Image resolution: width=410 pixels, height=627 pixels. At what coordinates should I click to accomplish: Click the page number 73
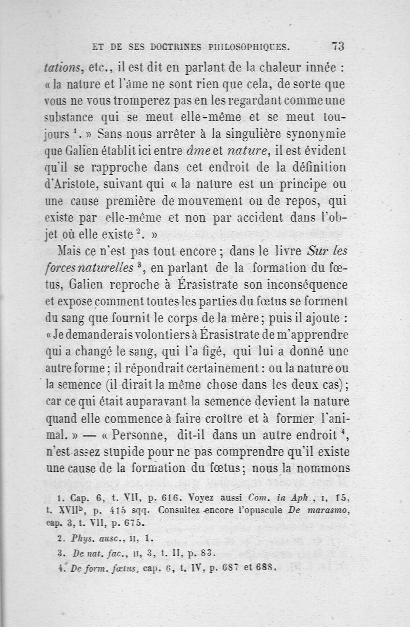pyautogui.click(x=338, y=46)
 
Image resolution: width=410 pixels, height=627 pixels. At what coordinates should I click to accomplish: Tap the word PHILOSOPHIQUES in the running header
pyautogui.click(x=248, y=48)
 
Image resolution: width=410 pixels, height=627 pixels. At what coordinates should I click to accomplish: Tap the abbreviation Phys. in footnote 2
pyautogui.click(x=79, y=538)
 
